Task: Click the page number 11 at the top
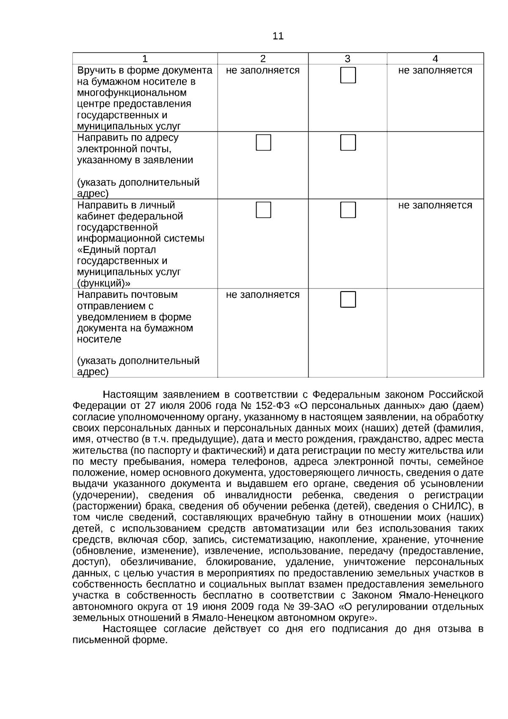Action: [x=278, y=36]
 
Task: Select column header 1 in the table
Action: [x=145, y=59]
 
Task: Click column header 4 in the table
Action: [x=435, y=59]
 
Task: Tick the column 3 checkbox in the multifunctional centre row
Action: [x=348, y=75]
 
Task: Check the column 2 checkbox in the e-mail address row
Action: [x=263, y=143]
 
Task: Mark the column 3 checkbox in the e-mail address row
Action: [x=348, y=143]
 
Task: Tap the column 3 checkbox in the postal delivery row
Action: [x=348, y=300]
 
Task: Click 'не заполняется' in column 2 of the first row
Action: [x=263, y=70]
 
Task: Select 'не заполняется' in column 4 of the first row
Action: [x=435, y=70]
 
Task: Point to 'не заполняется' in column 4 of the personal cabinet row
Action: [x=435, y=205]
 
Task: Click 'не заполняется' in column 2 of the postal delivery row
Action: [x=263, y=295]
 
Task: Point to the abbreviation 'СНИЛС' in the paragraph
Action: [x=452, y=506]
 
